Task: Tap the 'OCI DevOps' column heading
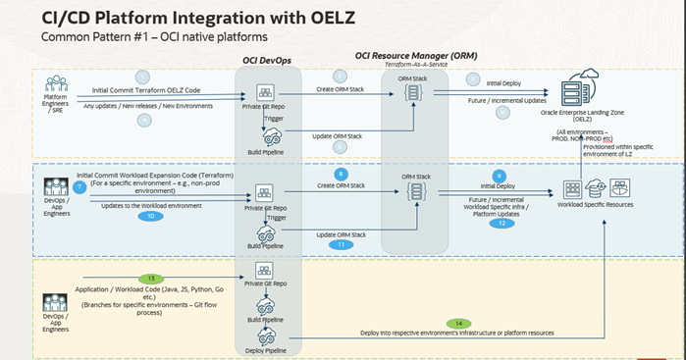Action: (267, 62)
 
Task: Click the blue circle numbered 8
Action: (341, 173)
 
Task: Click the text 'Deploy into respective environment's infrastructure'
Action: (432, 334)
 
